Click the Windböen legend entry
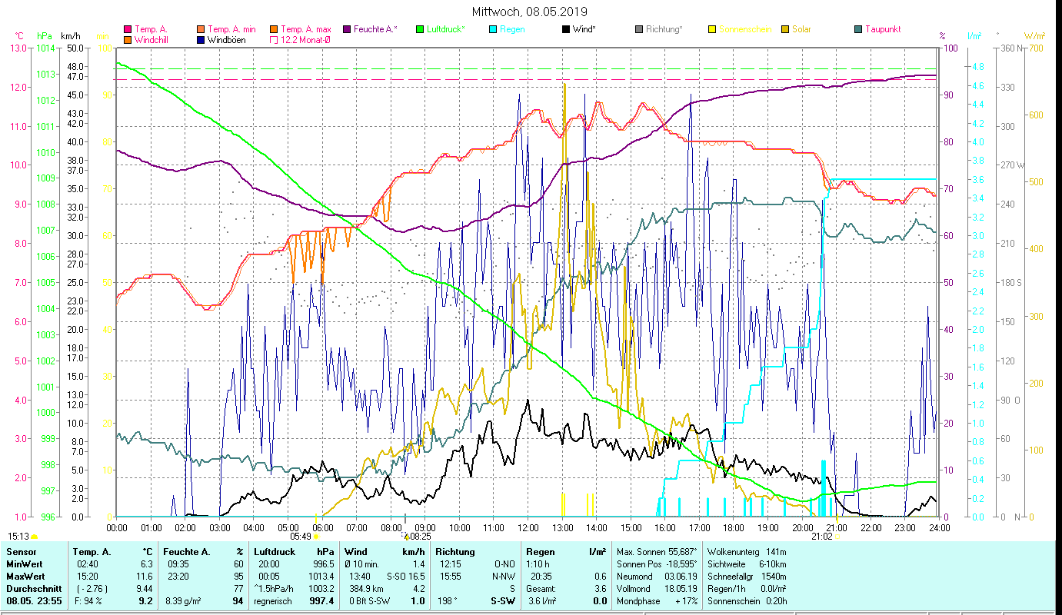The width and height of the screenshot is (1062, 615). pyautogui.click(x=226, y=39)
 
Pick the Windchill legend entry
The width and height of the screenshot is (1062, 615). pyautogui.click(x=154, y=39)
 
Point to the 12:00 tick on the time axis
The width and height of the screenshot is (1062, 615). pyautogui.click(x=528, y=527)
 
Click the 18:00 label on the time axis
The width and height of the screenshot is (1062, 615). pyautogui.click(x=734, y=527)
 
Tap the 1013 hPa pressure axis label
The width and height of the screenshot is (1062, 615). pyautogui.click(x=46, y=75)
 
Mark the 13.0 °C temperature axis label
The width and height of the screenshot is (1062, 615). pyautogui.click(x=18, y=48)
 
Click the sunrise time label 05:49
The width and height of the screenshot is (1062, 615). pyautogui.click(x=300, y=537)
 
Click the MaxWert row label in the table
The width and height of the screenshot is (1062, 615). pyautogui.click(x=25, y=576)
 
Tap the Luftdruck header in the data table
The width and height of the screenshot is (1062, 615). pyautogui.click(x=275, y=552)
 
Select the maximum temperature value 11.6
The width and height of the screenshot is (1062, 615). pyautogui.click(x=144, y=576)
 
